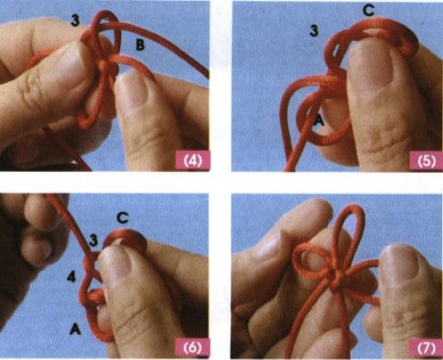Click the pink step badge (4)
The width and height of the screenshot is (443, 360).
pos(193,160)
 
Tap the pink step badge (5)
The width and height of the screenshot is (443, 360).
pos(426,161)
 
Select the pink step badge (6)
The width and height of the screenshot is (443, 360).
pos(193,347)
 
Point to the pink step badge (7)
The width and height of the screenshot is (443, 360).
pos(426,348)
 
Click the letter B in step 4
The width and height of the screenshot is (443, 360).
pos(140,45)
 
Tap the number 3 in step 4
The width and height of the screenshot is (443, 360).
pos(76,20)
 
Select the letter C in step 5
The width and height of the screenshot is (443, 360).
pos(368,11)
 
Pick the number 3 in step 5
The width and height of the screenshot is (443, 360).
pos(314,30)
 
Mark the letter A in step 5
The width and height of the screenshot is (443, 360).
pos(318,120)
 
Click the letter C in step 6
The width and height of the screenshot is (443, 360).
pos(122,218)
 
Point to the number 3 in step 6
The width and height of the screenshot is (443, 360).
pos(94,241)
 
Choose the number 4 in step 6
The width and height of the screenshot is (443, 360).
pos(71,277)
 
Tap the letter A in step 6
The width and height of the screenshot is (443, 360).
pos(76,329)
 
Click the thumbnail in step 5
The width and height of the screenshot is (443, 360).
pos(369,67)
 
